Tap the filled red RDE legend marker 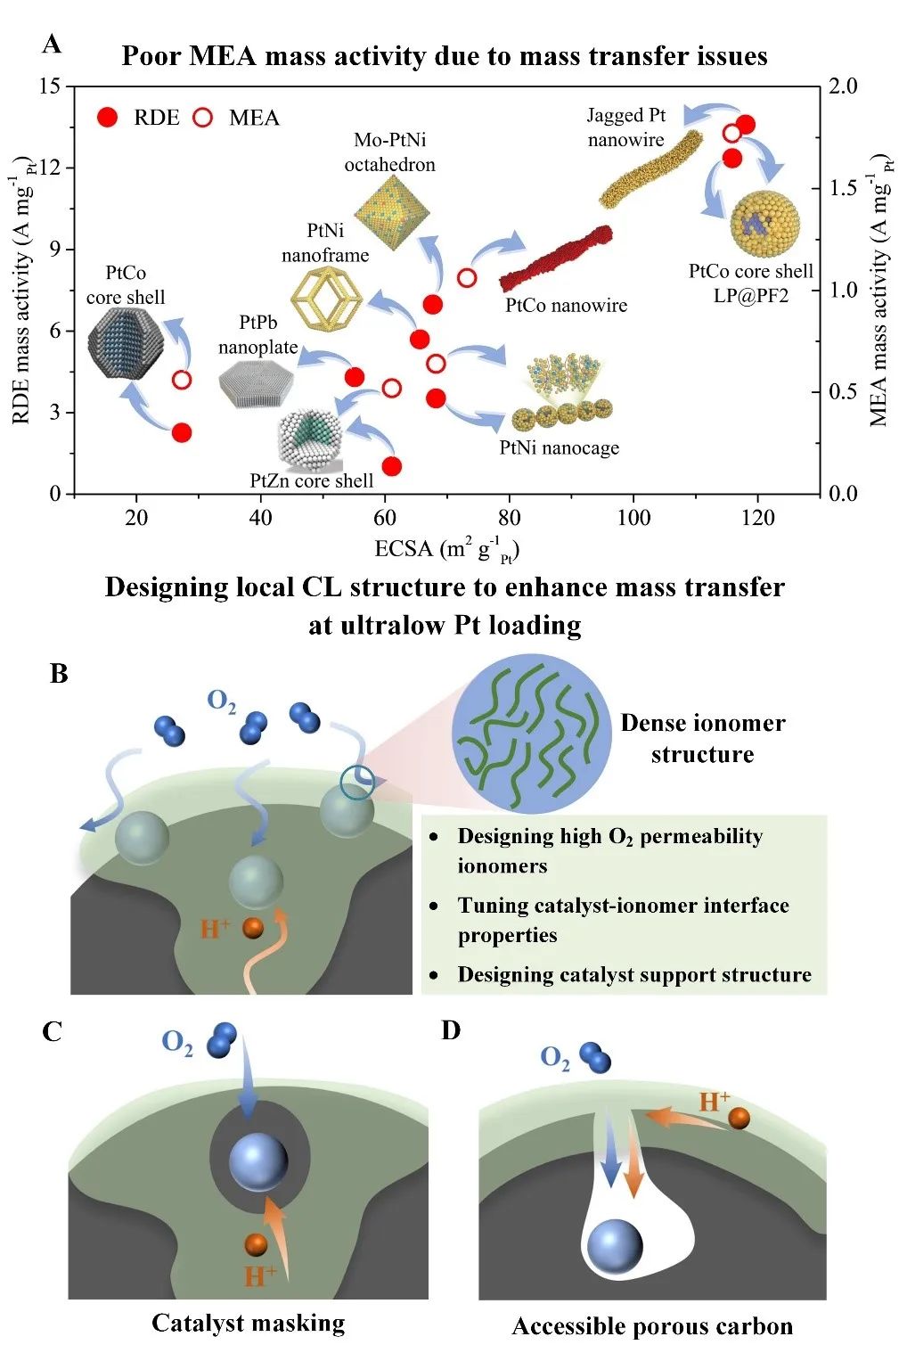108,117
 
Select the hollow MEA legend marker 203,117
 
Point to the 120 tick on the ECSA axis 757,517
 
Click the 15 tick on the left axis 50,86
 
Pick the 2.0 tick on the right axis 842,86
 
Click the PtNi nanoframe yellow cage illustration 326,297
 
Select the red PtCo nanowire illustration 557,258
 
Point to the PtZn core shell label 311,481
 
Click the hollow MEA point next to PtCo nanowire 467,277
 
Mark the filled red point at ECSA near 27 182,432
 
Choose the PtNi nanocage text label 559,447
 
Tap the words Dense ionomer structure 702,738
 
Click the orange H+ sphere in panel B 254,928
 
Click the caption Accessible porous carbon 651,1326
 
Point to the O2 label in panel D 553,1058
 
